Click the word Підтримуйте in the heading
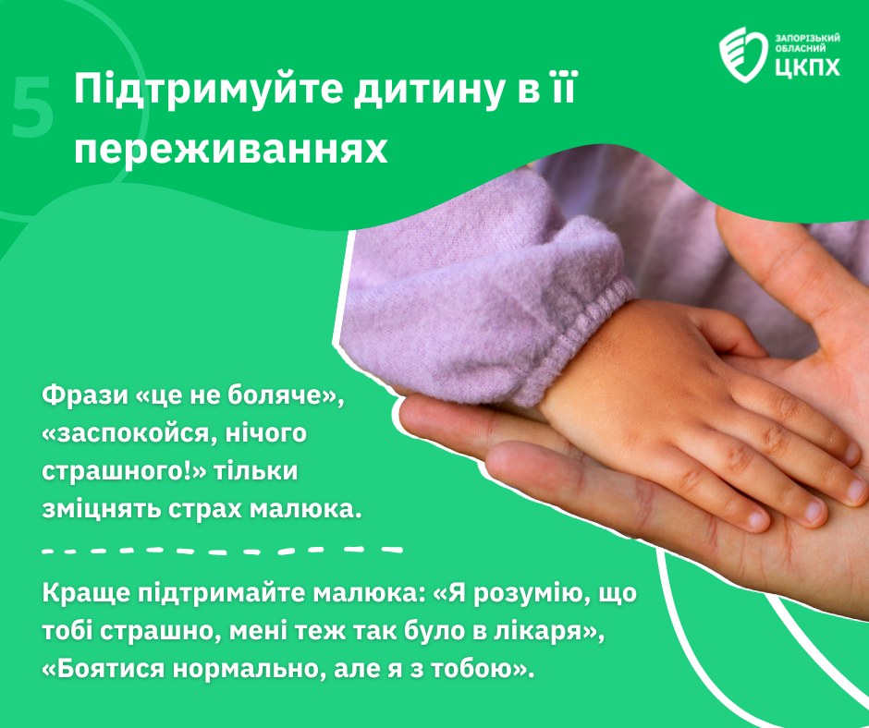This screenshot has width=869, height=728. click(x=208, y=90)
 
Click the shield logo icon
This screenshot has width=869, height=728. click(x=744, y=55)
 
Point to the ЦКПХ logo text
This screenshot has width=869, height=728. click(x=807, y=67)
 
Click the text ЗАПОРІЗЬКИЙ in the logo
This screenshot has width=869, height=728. click(x=807, y=38)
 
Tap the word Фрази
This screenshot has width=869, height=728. click(x=85, y=395)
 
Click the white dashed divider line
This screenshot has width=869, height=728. click(x=222, y=551)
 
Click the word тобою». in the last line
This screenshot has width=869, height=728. click(x=483, y=669)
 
